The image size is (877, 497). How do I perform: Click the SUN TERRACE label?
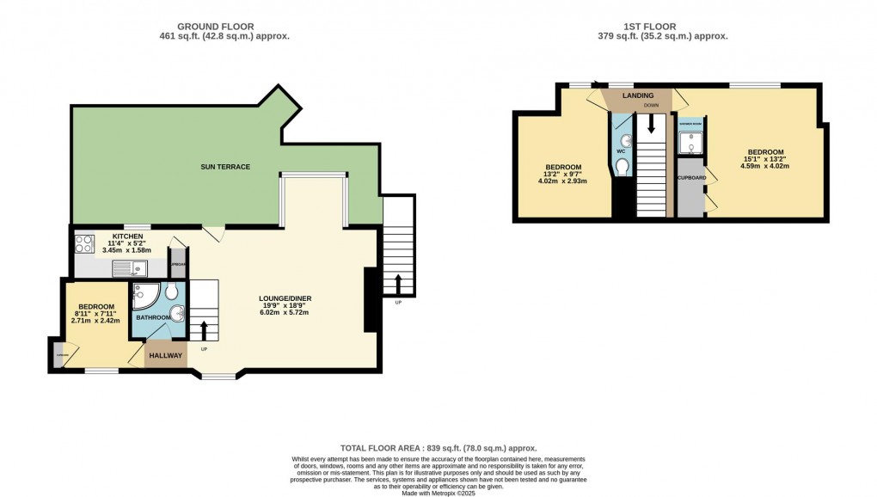pyautogui.click(x=225, y=166)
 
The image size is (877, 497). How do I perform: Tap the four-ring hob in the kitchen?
pyautogui.click(x=84, y=243)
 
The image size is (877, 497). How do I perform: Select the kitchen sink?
pyautogui.click(x=127, y=267)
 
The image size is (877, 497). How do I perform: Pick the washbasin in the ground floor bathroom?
pyautogui.click(x=175, y=313)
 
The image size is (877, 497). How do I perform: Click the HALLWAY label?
pyautogui.click(x=165, y=355)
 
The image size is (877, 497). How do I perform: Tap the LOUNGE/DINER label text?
pyautogui.click(x=285, y=298)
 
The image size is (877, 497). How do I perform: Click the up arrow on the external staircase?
pyautogui.click(x=398, y=283)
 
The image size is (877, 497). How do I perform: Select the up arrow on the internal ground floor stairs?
pyautogui.click(x=204, y=330)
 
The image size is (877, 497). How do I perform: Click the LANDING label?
pyautogui.click(x=638, y=95)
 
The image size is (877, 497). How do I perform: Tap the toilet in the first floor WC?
pyautogui.click(x=622, y=166)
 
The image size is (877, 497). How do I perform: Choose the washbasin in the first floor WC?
pyautogui.click(x=625, y=139)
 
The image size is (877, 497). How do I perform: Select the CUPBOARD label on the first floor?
pyautogui.click(x=691, y=178)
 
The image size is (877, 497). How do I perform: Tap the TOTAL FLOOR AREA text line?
pyautogui.click(x=438, y=448)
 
